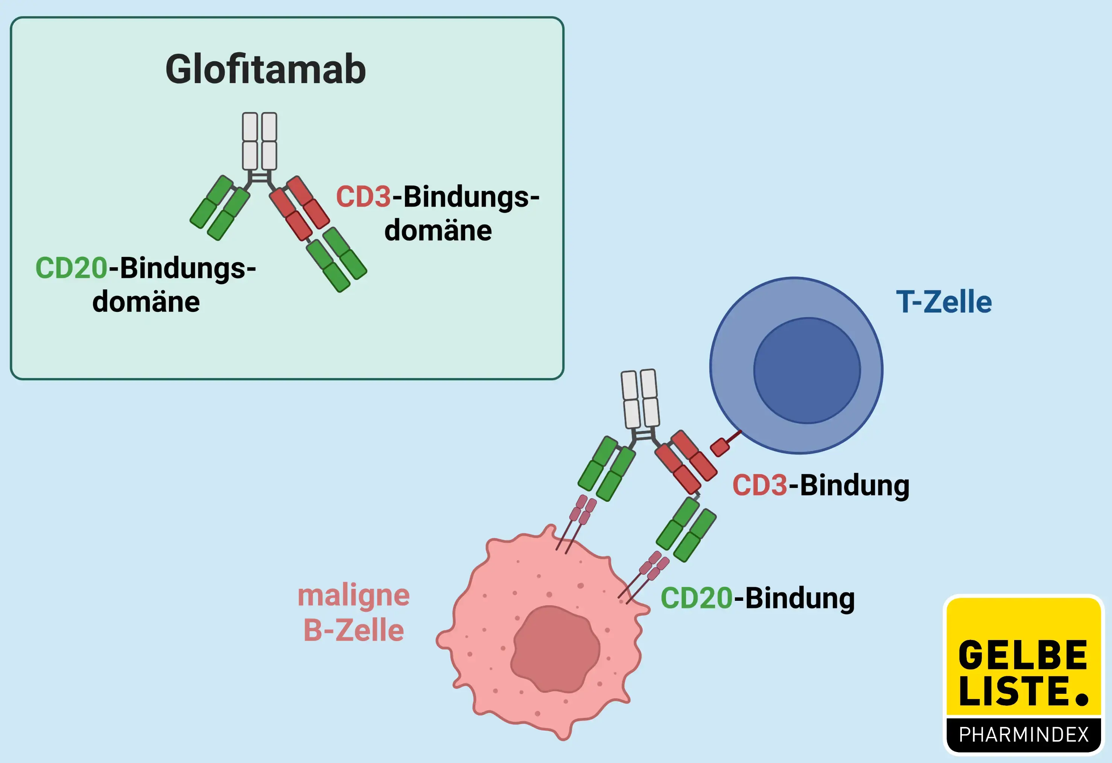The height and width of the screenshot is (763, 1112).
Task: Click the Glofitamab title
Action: (x=266, y=70)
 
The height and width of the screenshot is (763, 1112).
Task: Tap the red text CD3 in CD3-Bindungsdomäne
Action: (x=363, y=197)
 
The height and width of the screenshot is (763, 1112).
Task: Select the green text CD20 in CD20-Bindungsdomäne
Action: (x=71, y=268)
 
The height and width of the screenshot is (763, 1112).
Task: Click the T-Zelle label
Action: (x=943, y=302)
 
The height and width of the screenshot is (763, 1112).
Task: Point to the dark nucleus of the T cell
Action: (x=807, y=371)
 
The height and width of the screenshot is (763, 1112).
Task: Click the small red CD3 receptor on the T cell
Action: (x=720, y=447)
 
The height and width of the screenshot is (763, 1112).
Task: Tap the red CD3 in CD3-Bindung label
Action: (x=759, y=486)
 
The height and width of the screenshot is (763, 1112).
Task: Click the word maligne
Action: (x=354, y=596)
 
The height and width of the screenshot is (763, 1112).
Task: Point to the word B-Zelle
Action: (x=354, y=631)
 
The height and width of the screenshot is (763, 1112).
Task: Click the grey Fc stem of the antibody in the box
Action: (x=259, y=141)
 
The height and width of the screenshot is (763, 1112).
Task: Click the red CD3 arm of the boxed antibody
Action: (x=300, y=208)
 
